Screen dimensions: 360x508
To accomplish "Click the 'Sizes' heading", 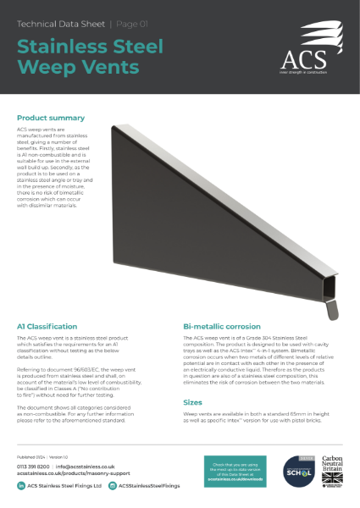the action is [192, 404].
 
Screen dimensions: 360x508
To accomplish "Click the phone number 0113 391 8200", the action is [32, 467].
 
